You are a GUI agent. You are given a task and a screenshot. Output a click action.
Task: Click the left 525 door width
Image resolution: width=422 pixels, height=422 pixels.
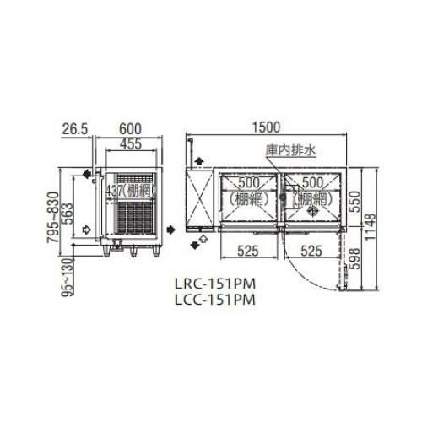click(x=246, y=251)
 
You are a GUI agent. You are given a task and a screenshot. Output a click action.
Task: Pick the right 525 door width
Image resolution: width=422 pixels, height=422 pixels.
click(x=311, y=251)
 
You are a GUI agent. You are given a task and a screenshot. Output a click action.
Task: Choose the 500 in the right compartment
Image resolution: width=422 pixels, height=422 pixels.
click(x=311, y=182)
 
